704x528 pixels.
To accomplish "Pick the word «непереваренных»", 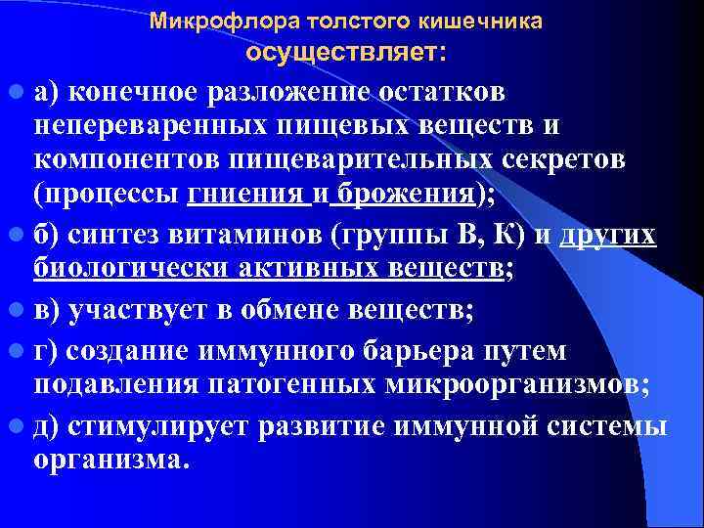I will tap(123, 127).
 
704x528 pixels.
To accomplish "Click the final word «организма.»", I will tap(108, 461).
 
